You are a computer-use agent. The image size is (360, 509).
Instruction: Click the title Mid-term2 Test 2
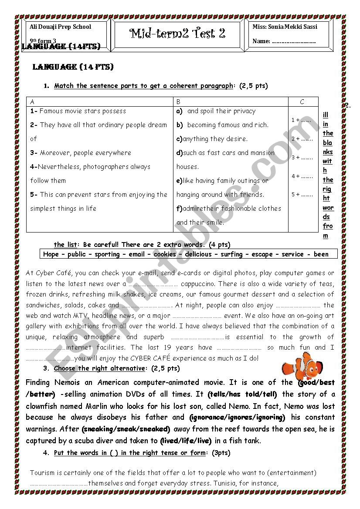(177, 34)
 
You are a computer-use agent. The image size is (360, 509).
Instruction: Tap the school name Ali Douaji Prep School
(60, 27)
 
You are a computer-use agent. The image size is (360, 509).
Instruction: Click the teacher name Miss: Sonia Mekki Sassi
(285, 27)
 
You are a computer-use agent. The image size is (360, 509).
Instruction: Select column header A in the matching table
(33, 102)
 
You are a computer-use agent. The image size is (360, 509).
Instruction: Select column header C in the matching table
(302, 102)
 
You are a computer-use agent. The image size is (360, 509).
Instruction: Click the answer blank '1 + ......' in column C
(302, 120)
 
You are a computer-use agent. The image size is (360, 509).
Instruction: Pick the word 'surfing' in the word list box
(231, 254)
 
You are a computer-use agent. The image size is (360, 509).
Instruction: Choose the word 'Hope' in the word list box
(51, 254)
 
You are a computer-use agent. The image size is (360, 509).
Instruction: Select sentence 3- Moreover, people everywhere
(81, 153)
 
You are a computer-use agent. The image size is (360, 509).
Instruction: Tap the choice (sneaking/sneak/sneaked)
(126, 429)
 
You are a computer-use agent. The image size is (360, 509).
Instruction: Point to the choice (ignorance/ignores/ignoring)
(237, 417)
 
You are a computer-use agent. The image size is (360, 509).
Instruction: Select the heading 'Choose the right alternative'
(99, 368)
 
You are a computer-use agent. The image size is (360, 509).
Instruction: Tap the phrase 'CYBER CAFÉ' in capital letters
(157, 358)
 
